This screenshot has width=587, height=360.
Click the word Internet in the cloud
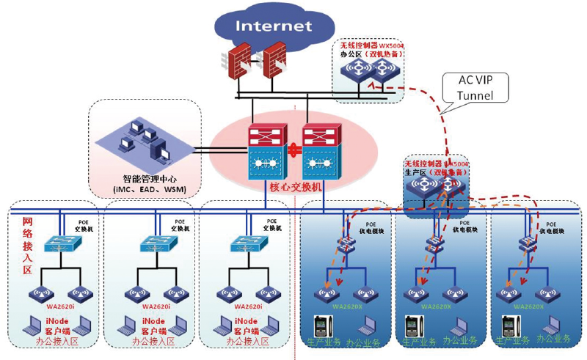click(273, 26)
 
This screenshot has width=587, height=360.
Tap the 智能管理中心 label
click(150, 180)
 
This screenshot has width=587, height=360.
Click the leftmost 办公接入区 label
click(59, 342)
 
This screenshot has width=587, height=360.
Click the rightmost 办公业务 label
click(553, 339)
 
